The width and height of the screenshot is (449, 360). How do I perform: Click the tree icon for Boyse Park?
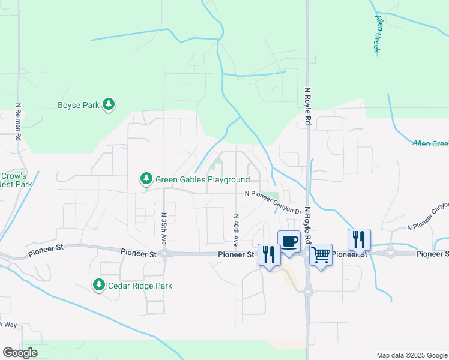pyautogui.click(x=109, y=105)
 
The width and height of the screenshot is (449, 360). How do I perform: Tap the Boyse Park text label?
pyautogui.click(x=78, y=106)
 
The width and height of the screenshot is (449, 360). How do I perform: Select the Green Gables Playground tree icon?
pyautogui.click(x=146, y=179)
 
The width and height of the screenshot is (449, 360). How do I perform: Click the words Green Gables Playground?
pyautogui.click(x=202, y=179)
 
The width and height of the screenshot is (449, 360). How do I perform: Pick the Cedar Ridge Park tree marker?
pyautogui.click(x=99, y=285)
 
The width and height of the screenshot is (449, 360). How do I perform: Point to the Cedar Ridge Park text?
pyautogui.click(x=140, y=286)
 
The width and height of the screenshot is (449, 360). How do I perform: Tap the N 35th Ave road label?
pyautogui.click(x=163, y=229)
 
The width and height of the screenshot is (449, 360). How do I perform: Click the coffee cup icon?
pyautogui.click(x=289, y=241)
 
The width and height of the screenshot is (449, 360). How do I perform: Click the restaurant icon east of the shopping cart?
pyautogui.click(x=359, y=239)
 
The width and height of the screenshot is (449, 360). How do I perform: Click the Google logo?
pyautogui.click(x=19, y=353)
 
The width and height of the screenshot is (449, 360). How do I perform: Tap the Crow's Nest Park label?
pyautogui.click(x=16, y=180)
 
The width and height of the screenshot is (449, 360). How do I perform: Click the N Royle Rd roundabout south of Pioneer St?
pyautogui.click(x=309, y=292)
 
